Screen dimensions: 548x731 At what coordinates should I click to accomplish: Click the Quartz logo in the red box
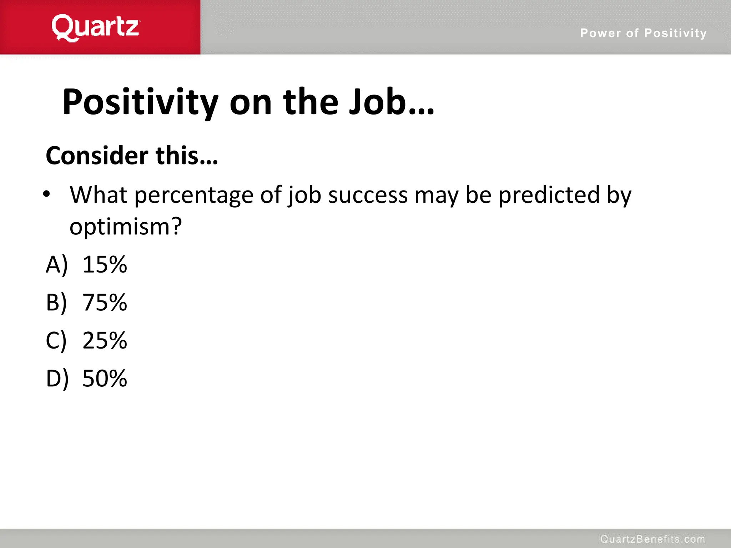coord(96,28)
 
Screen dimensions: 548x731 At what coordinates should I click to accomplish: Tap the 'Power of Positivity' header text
coord(643,33)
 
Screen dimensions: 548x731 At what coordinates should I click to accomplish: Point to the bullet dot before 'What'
coord(46,194)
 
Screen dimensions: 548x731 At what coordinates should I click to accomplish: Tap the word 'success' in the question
coord(368,196)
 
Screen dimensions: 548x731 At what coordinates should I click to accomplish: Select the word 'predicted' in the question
coord(549,196)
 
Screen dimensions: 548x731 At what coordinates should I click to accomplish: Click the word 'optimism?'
coord(126,227)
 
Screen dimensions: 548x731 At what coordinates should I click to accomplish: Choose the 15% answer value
coord(105,265)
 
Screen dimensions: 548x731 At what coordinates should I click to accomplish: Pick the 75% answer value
coord(105,303)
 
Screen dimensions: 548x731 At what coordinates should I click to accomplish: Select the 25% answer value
coord(105,340)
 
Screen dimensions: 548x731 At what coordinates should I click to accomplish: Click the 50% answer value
coord(105,379)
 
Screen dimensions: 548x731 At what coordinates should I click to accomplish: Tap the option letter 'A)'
coord(57,265)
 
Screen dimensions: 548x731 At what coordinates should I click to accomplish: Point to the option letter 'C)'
coord(56,340)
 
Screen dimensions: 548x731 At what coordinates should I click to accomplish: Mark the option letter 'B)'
coord(56,303)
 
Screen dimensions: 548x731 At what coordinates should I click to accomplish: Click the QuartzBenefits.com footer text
coord(652,539)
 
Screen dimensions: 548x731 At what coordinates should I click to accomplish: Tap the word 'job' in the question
coord(304,196)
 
